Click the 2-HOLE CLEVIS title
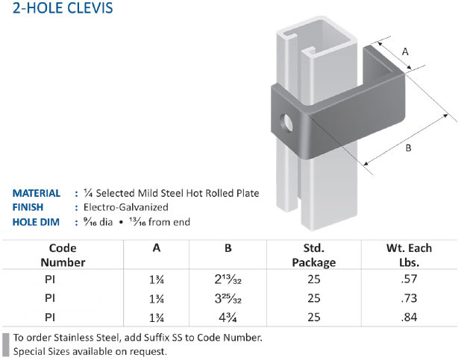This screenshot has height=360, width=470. click(63, 7)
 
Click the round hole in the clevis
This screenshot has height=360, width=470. click(286, 122)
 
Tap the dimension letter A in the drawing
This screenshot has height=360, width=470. click(405, 52)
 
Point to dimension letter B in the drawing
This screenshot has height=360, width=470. click(408, 148)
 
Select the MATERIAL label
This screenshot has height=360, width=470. click(37, 193)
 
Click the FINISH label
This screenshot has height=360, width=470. click(28, 207)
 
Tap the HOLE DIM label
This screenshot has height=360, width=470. click(36, 222)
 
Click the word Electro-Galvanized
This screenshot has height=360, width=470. click(126, 207)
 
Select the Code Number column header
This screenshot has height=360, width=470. click(63, 255)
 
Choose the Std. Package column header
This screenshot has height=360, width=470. click(314, 255)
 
